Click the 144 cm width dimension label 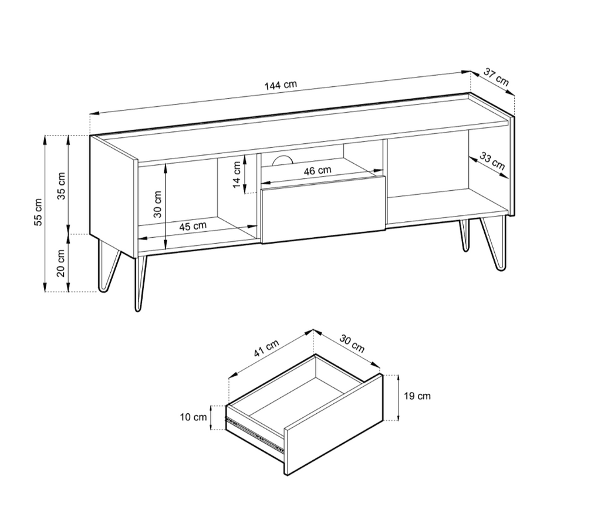pos(281,85)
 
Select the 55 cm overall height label pos(38,212)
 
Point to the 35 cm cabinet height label pos(62,186)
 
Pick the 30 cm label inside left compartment pos(158,204)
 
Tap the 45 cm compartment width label pos(193,226)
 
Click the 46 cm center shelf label pos(318,171)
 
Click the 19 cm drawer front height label pos(417,396)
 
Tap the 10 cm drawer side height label pos(194,417)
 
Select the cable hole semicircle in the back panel pos(282,160)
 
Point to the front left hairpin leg pos(140,282)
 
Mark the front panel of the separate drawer pos(333,423)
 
